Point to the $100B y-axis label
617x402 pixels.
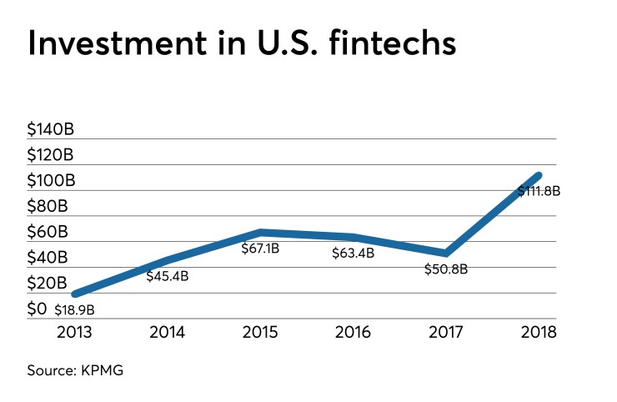51,180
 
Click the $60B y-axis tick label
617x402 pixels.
47,232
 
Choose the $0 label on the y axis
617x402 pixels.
38,309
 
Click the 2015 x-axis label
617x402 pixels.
262,332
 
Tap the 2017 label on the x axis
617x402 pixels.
446,332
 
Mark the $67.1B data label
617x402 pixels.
262,249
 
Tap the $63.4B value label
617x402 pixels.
353,252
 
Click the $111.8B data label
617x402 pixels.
538,191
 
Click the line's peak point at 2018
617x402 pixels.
539,175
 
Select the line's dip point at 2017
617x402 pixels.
447,253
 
